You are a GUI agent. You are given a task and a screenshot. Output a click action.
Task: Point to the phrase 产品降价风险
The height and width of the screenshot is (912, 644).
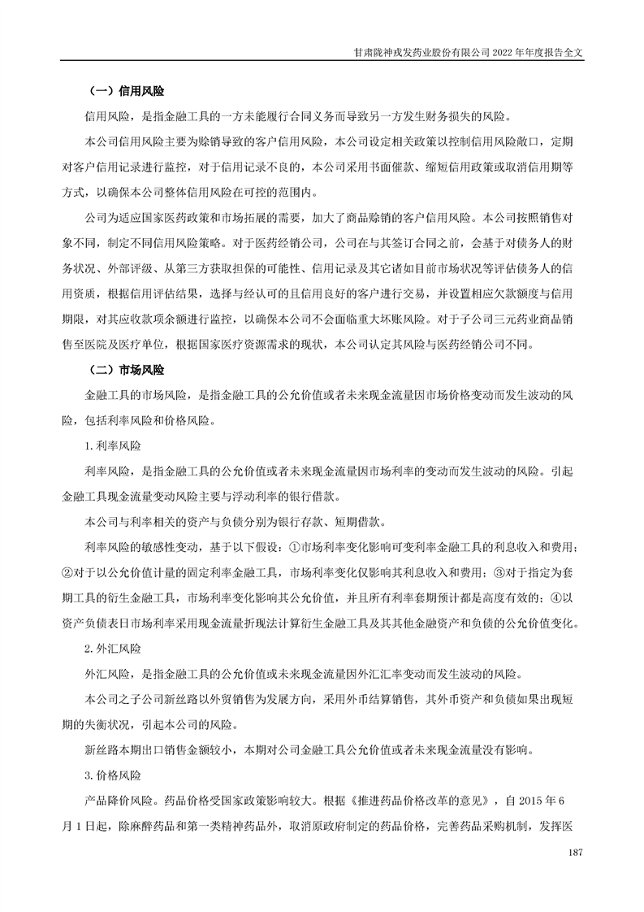click(x=119, y=801)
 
